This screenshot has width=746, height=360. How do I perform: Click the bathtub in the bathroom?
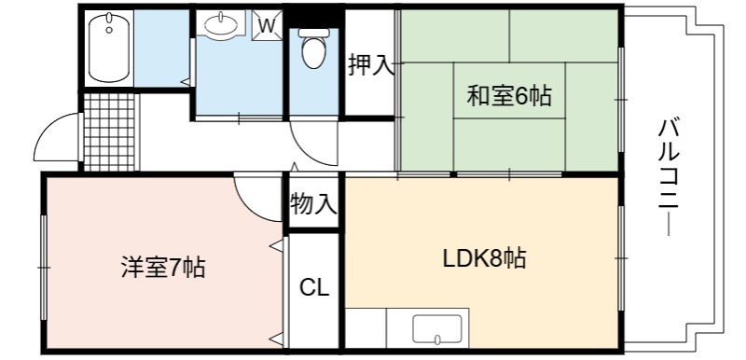click(x=109, y=48)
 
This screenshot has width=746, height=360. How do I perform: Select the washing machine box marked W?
click(x=267, y=26)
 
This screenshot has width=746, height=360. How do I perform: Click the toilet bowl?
click(x=313, y=48)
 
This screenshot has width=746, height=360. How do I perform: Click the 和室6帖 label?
click(x=509, y=95)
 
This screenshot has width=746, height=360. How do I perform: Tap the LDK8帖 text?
click(x=484, y=258)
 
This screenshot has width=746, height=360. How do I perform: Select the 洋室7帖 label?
click(x=162, y=268)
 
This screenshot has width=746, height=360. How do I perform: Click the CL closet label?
click(x=314, y=287)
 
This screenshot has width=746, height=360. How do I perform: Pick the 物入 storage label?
click(x=313, y=204)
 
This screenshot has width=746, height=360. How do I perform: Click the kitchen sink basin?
click(x=437, y=329)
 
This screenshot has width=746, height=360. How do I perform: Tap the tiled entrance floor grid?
click(x=109, y=132)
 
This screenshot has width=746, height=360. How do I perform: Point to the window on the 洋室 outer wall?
click(x=44, y=268)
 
